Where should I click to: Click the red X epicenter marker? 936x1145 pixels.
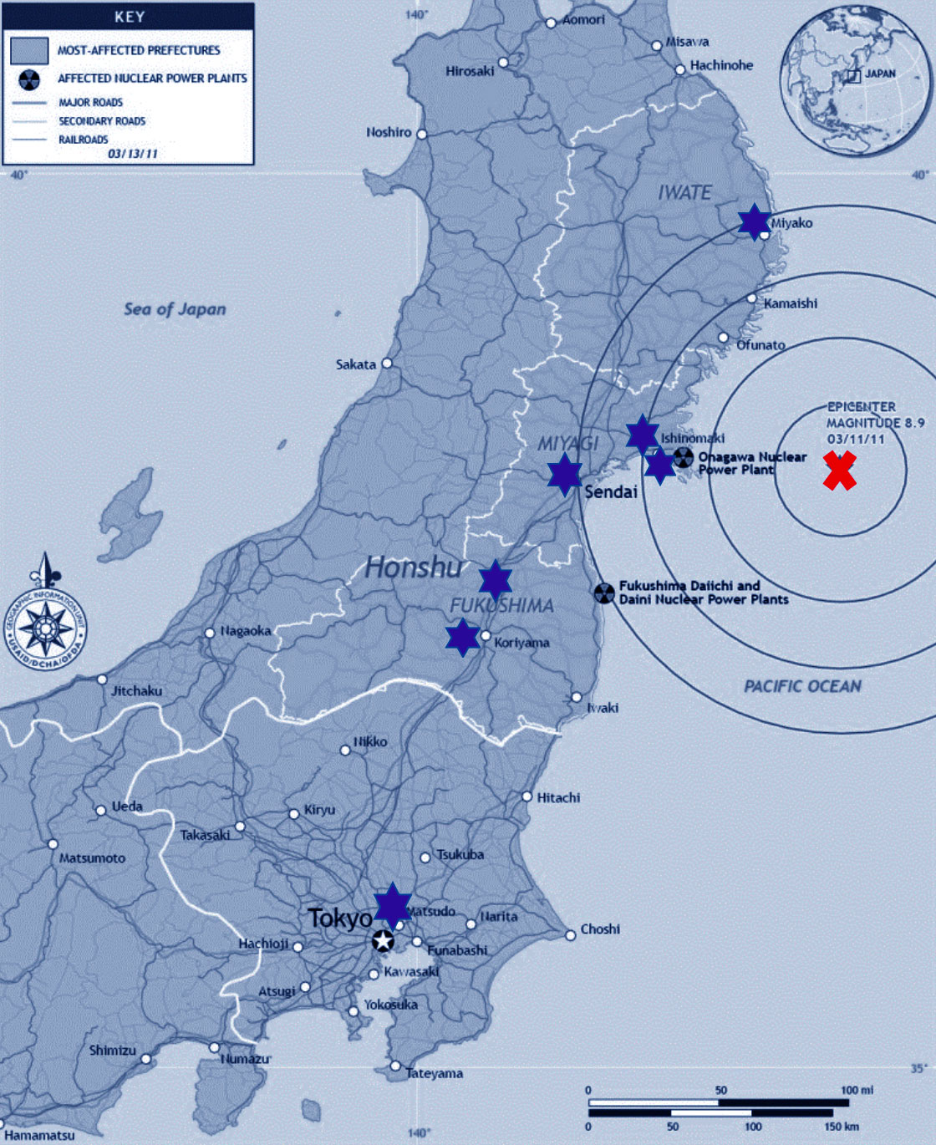point(839,471)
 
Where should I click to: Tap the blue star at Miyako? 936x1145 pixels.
point(754,221)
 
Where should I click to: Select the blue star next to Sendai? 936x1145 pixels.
point(565,474)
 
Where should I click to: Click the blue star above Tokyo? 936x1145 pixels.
point(392,905)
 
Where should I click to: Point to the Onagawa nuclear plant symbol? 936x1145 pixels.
point(684,456)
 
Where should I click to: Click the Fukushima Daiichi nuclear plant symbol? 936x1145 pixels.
point(603,593)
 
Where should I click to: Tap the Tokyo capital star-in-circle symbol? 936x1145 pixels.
point(383,941)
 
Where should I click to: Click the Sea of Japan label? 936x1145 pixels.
point(175,309)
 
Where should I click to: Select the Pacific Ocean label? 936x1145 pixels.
point(802,686)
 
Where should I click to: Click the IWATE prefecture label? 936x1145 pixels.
point(684,192)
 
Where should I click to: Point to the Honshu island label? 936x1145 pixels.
point(414,567)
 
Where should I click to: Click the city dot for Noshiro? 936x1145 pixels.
point(422,134)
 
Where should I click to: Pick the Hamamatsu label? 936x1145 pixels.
point(39,1135)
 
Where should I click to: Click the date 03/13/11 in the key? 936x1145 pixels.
point(132,154)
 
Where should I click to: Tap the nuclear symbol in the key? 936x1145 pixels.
point(29,79)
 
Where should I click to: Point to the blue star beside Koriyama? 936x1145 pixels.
point(462,637)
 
